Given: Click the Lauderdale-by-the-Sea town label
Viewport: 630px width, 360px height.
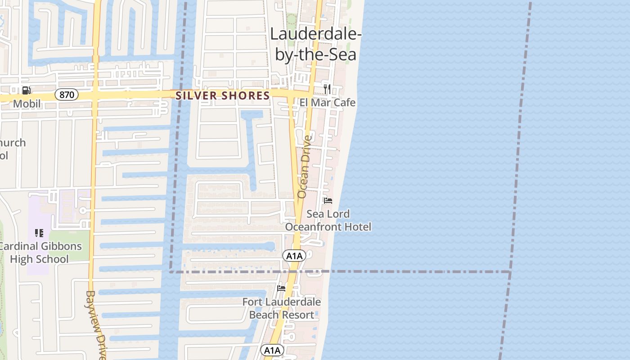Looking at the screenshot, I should (x=315, y=44).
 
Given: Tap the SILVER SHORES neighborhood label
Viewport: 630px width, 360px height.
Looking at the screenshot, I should (x=222, y=95).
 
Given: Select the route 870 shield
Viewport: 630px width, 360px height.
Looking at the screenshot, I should (x=67, y=95).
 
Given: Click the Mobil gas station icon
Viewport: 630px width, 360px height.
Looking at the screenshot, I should (x=27, y=90).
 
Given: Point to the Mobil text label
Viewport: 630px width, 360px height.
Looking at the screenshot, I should (x=27, y=104).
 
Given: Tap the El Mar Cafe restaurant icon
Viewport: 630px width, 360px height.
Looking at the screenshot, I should (x=327, y=89).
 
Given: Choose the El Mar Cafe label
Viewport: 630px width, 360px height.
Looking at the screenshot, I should (x=328, y=103).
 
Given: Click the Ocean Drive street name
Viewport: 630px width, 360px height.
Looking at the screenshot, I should (x=304, y=166).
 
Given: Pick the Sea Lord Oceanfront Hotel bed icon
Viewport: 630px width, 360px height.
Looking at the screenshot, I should (x=328, y=201).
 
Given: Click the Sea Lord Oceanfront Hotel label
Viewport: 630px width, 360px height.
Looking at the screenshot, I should (x=328, y=220).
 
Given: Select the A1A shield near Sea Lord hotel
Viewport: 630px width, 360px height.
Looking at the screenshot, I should (x=294, y=256).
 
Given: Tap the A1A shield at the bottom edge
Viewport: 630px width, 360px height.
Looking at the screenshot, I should (x=272, y=350).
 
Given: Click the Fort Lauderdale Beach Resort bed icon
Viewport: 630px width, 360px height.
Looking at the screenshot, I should (x=282, y=288).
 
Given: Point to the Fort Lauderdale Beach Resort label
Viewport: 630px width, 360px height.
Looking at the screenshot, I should (x=282, y=308).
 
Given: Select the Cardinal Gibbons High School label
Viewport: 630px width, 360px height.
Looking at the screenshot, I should (x=40, y=252).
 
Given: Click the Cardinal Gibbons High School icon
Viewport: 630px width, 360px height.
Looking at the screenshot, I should (x=39, y=233).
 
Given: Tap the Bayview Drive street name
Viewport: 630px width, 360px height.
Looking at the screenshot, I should (x=96, y=324).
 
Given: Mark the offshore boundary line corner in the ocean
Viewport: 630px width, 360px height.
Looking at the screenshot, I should (x=510, y=272).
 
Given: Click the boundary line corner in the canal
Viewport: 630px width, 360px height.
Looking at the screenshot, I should (x=171, y=271).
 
